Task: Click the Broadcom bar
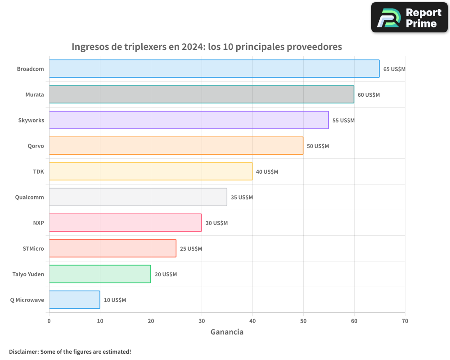[x=214, y=69]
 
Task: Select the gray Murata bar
[x=202, y=94]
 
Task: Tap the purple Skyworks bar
[x=189, y=120]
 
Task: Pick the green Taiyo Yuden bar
[x=100, y=274]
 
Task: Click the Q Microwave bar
[x=75, y=300]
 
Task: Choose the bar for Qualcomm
[x=138, y=197]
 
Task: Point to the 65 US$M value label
[x=394, y=69]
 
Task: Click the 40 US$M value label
[x=267, y=172]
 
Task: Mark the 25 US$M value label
[x=191, y=249]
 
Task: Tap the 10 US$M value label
[x=115, y=300]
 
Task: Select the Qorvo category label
[x=36, y=146]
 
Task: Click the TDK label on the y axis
[x=38, y=171]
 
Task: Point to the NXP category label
[x=38, y=223]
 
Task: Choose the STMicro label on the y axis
[x=33, y=248]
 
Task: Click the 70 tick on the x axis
[x=405, y=321]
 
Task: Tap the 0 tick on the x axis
[x=49, y=321]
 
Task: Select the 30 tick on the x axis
[x=202, y=321]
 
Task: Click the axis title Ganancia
[x=227, y=332]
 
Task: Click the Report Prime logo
[x=409, y=18]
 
